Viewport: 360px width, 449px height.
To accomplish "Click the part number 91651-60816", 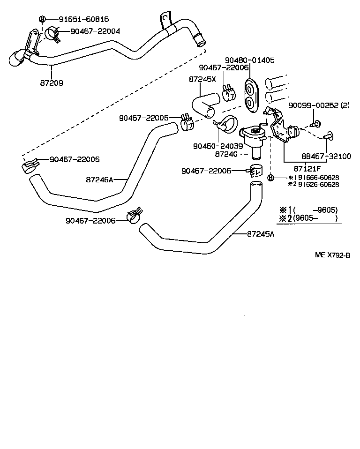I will point(83,19).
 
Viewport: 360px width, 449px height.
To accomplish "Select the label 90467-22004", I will point(95,31).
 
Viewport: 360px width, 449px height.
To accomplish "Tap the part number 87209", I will point(52,82).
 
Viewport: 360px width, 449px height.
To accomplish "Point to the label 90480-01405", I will point(249,60).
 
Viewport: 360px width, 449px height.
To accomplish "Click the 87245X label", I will point(202,79).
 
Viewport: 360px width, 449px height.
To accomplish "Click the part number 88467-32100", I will point(327,156).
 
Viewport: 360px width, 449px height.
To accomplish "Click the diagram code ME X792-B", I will point(332,255).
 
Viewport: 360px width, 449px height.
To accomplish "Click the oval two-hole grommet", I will point(251,96).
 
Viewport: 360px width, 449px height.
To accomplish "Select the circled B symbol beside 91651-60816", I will point(42,19).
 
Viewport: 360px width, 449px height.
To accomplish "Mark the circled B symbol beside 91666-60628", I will point(270,178).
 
